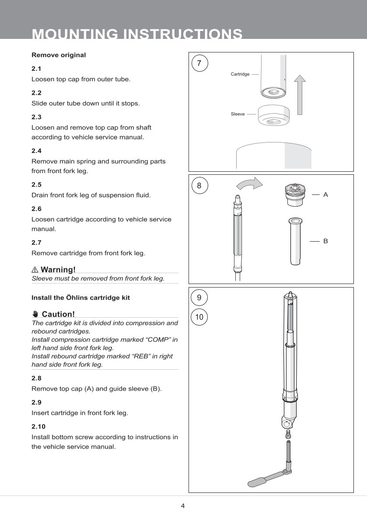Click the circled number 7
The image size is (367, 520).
point(199,63)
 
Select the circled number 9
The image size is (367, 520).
point(199,298)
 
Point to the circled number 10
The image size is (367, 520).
point(199,317)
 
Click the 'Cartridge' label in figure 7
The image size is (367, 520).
point(240,74)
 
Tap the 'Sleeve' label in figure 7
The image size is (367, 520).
point(238,114)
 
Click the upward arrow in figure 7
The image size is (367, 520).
point(299,94)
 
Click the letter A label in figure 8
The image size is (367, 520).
point(325,194)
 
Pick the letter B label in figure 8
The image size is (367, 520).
point(325,241)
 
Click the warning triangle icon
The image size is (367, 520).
point(35,270)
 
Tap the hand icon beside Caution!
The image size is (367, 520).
point(35,314)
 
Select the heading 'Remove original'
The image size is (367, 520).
point(59,55)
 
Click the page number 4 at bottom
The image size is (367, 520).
point(183,506)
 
